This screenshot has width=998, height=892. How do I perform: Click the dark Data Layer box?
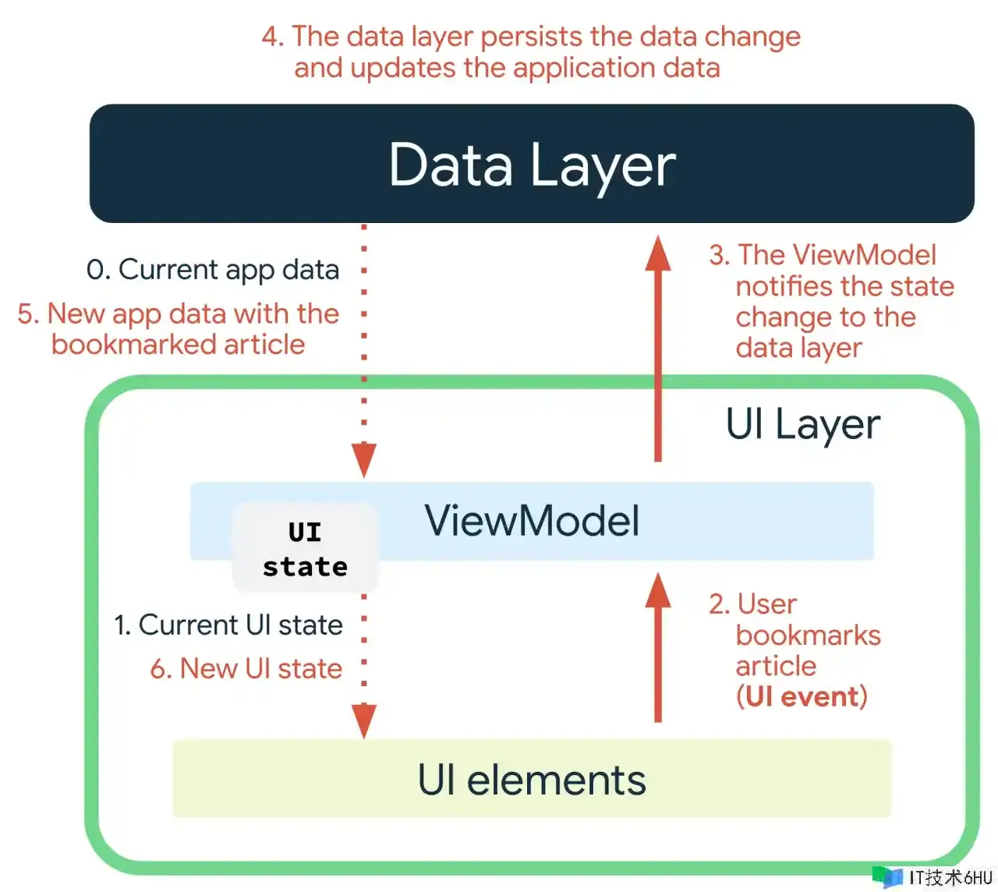[x=532, y=164]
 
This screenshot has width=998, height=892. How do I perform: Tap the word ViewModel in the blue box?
[x=532, y=521]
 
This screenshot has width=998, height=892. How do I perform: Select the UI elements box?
[x=532, y=779]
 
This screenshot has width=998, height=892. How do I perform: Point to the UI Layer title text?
[x=802, y=425]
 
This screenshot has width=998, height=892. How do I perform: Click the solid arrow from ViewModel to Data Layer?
[x=658, y=351]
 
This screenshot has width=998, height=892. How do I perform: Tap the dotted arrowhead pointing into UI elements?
[x=364, y=721]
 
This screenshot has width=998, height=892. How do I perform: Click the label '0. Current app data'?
[x=213, y=270]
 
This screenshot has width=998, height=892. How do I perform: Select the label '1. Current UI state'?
[x=228, y=625]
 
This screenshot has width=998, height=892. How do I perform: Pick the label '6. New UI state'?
[x=246, y=669]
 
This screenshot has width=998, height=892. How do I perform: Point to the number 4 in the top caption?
[x=271, y=37]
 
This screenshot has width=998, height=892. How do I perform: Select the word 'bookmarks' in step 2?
[x=808, y=635]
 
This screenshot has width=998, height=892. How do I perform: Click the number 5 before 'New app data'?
[x=27, y=313]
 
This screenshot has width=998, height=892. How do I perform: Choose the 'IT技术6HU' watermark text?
[x=950, y=878]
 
